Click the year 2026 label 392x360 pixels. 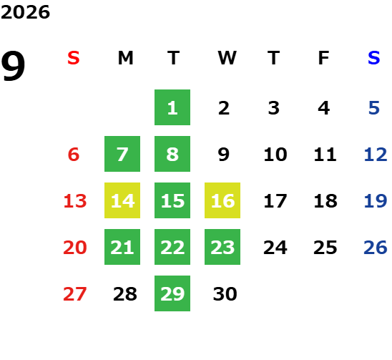click(x=25, y=12)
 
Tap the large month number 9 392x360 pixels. click(x=13, y=66)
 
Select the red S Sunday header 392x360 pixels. click(x=74, y=58)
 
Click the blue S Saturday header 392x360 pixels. click(x=374, y=58)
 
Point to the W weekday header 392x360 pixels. click(x=227, y=58)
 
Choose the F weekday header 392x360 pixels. click(x=324, y=58)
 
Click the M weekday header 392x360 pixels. click(x=125, y=58)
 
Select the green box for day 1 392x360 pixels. click(x=172, y=107)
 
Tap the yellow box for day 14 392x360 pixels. click(x=122, y=200)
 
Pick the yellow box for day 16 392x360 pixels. click(x=222, y=200)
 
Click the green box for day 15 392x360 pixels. click(x=172, y=200)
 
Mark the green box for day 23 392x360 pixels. click(x=222, y=247)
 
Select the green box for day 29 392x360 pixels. click(x=172, y=293)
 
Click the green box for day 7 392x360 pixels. click(x=122, y=154)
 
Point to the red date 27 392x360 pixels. click(x=75, y=293)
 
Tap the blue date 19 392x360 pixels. click(x=376, y=200)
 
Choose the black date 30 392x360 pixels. click(x=225, y=293)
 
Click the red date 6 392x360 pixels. click(x=74, y=154)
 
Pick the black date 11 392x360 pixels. click(x=325, y=154)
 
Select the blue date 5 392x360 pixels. click(x=374, y=108)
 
